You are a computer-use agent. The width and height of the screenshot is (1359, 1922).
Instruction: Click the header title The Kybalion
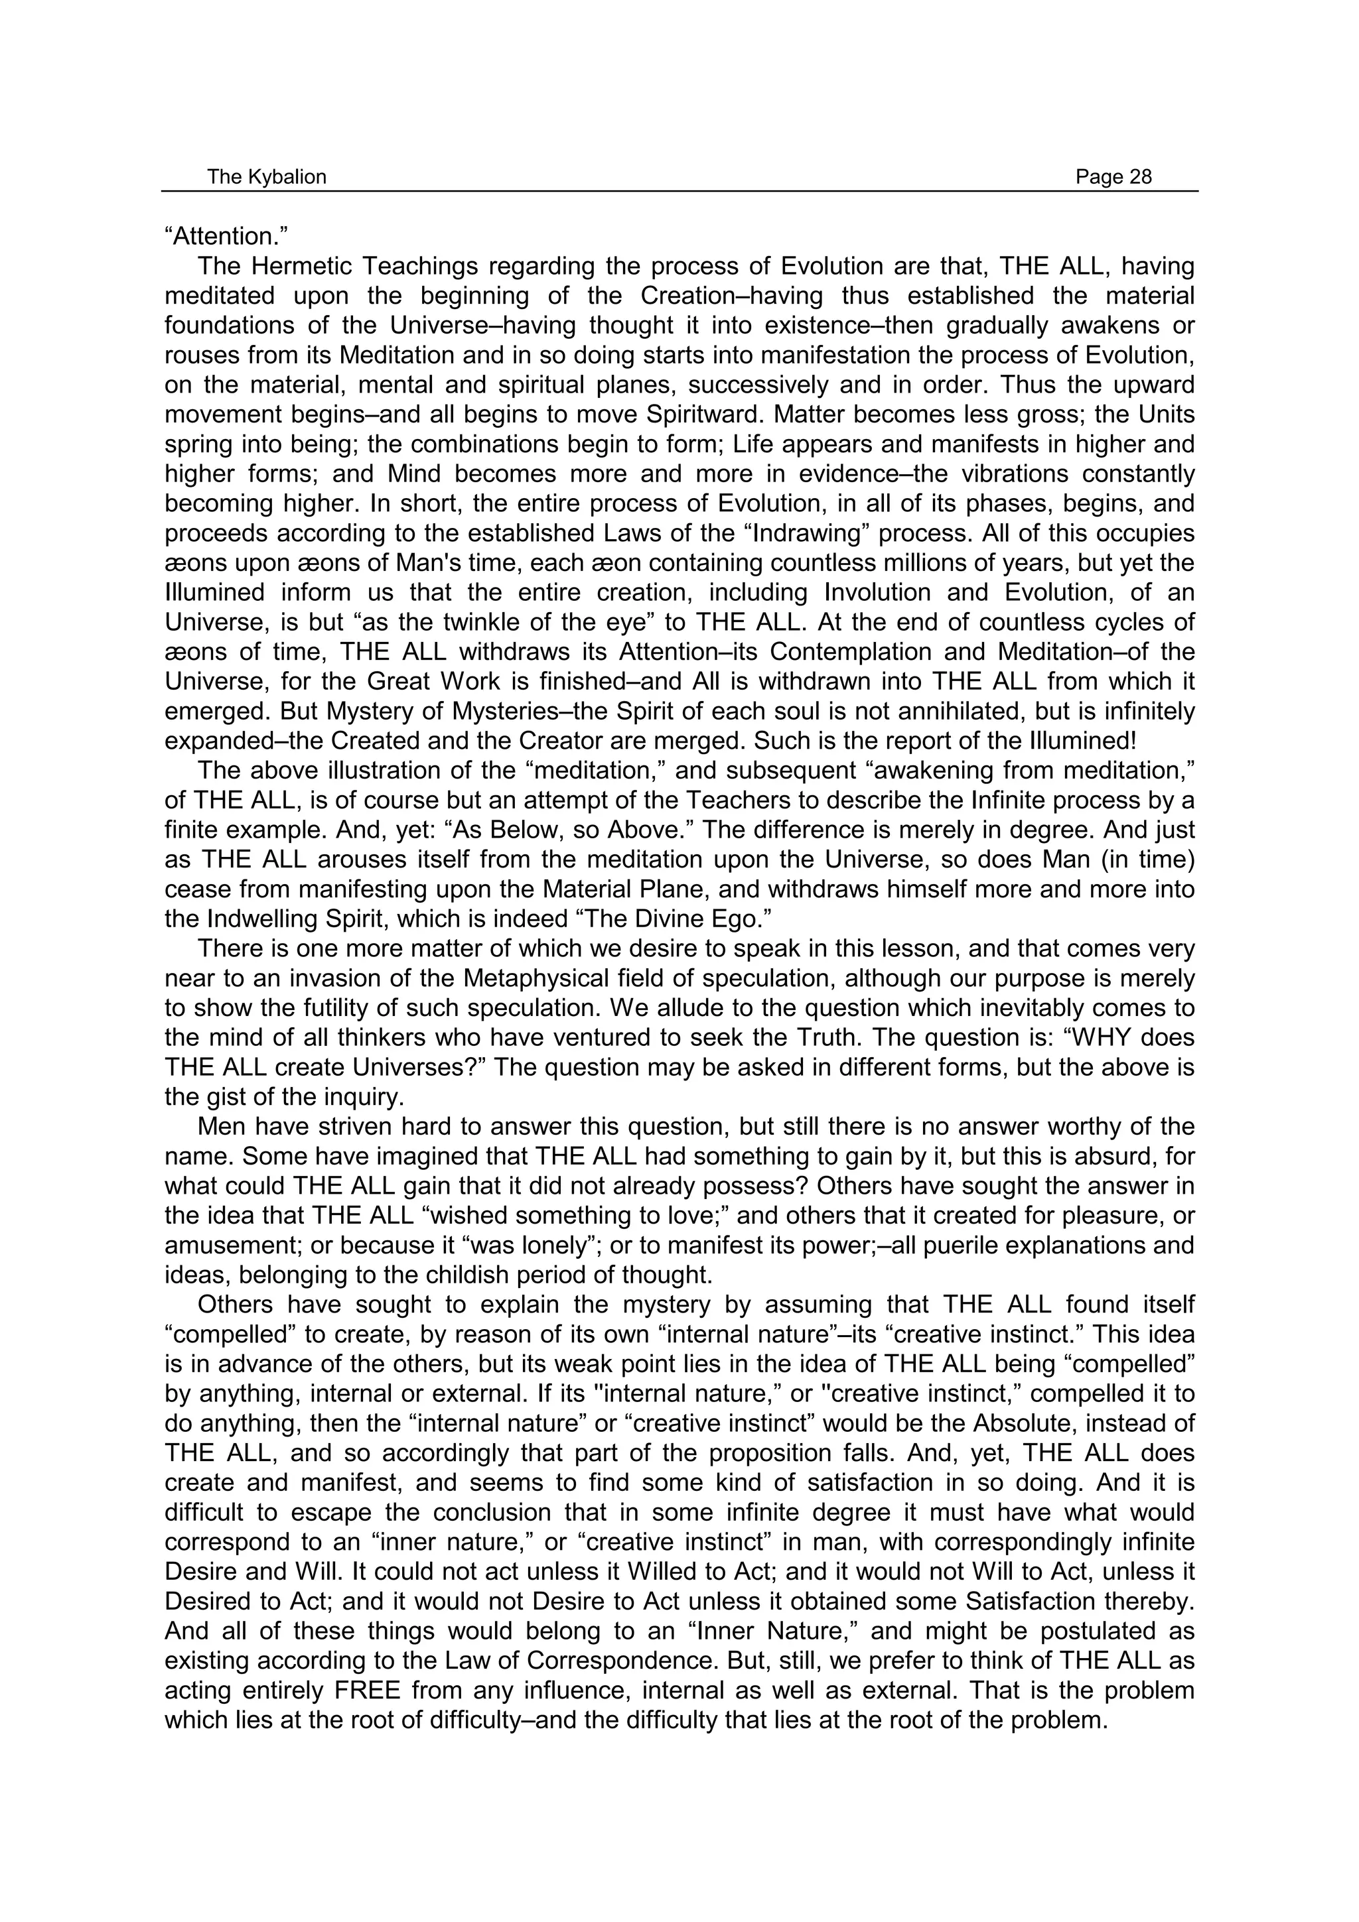click(266, 176)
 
